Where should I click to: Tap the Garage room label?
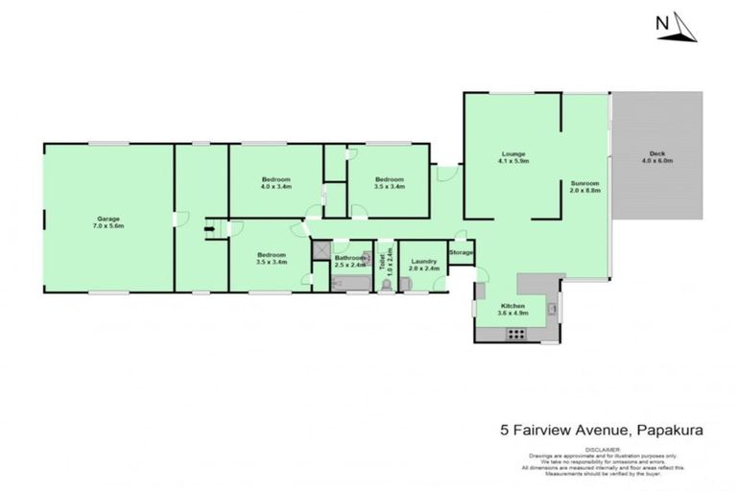(x=108, y=220)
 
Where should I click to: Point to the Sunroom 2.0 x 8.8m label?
(x=584, y=186)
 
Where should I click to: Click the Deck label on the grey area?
(x=656, y=157)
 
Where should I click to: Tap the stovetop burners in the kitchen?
(x=516, y=335)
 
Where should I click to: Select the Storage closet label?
(x=462, y=253)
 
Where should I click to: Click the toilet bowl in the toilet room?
(x=386, y=284)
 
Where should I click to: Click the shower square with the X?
(x=320, y=247)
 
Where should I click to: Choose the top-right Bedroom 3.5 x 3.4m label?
(x=389, y=183)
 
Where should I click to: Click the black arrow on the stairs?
(x=208, y=228)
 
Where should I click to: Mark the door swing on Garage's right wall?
(x=176, y=220)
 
